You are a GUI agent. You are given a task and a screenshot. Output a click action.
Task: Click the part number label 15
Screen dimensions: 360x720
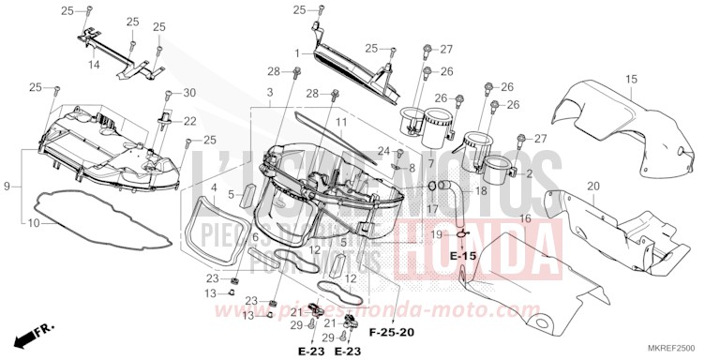[632, 79]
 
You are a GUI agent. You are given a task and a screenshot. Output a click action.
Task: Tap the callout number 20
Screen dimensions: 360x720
[592, 186]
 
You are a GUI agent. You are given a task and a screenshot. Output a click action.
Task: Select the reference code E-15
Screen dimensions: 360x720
[463, 255]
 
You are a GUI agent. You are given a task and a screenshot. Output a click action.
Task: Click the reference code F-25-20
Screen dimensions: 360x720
[390, 332]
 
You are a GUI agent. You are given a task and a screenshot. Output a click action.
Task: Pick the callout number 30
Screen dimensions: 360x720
[189, 92]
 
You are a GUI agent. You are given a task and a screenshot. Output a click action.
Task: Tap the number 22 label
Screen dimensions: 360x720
[189, 121]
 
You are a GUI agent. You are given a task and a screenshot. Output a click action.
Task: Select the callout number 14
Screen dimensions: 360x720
[95, 65]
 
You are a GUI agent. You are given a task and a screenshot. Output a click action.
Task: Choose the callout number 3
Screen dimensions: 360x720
[269, 93]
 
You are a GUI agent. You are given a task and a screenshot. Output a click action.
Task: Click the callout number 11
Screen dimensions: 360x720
[341, 122]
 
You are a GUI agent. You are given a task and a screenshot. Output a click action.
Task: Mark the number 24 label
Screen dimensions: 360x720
[384, 150]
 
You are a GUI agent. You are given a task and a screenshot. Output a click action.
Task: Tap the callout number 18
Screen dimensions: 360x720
[481, 190]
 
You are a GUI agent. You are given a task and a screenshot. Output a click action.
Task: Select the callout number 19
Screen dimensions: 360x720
[437, 233]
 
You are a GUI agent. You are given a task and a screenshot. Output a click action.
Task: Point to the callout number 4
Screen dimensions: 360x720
[215, 187]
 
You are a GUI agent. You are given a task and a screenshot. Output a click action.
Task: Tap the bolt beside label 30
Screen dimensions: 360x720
[169, 95]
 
